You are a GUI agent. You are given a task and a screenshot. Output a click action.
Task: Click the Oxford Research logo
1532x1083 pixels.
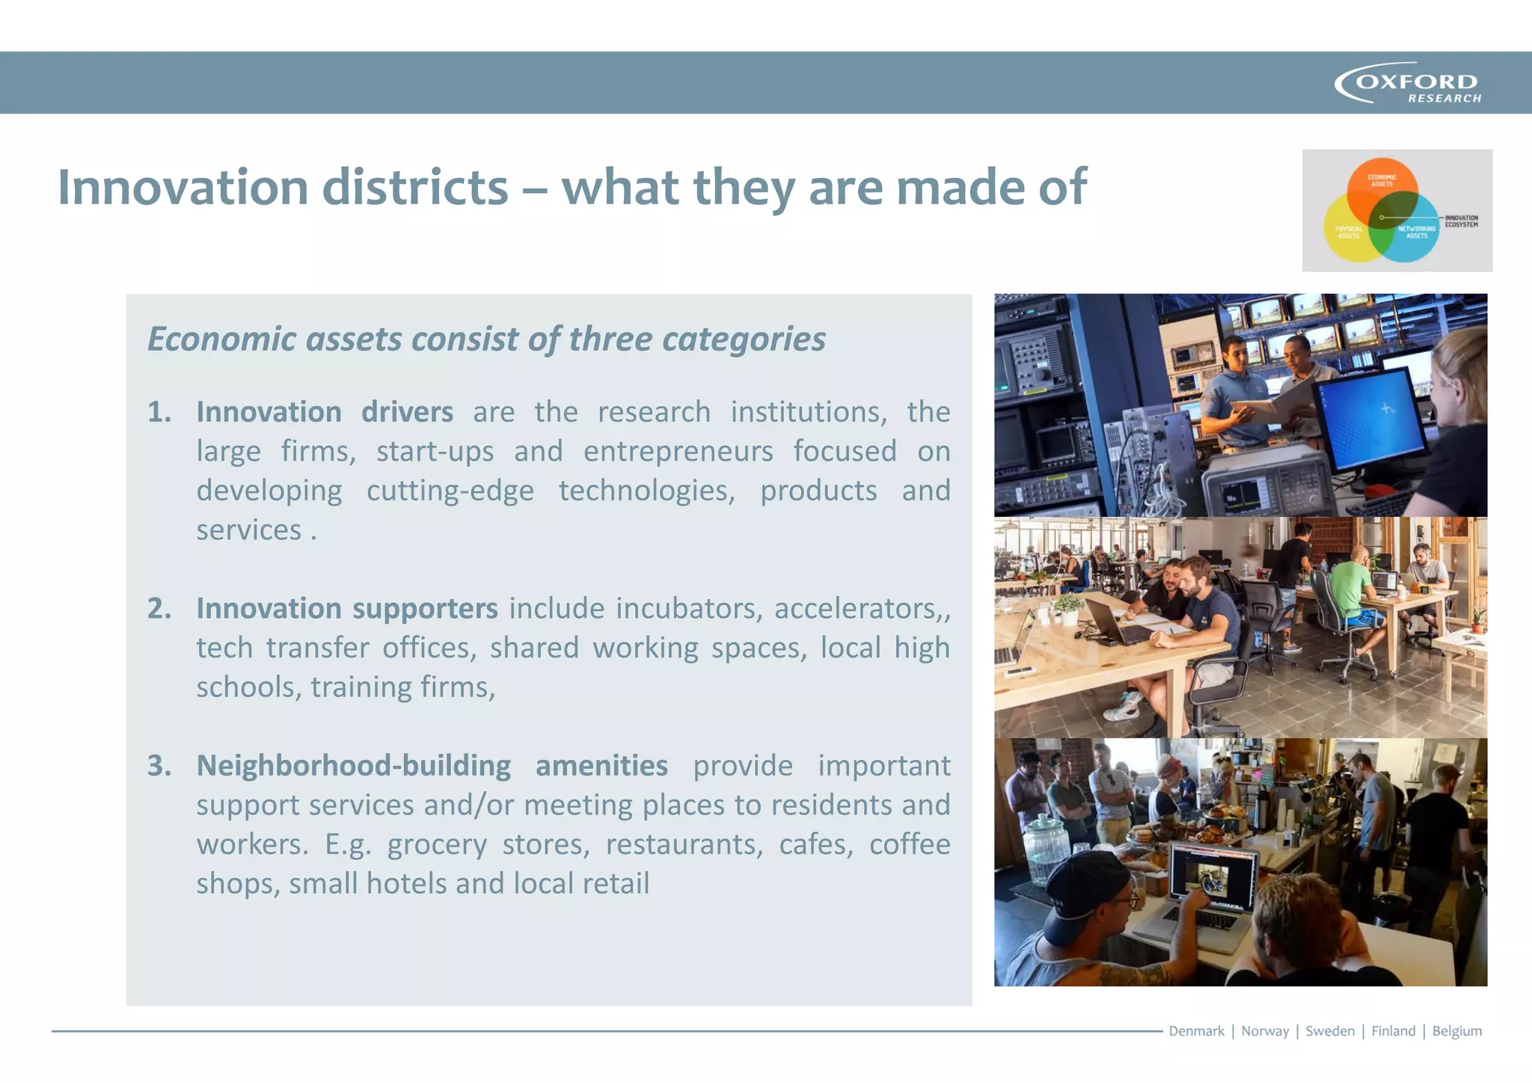[x=1408, y=83]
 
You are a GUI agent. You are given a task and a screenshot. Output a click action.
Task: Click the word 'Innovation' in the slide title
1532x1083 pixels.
[x=183, y=187]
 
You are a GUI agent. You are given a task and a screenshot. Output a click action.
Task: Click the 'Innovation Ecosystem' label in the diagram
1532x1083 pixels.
[x=1461, y=221]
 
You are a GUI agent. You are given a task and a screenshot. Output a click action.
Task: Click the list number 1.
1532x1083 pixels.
[x=159, y=412]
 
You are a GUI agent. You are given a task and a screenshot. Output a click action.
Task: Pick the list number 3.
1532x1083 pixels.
[x=159, y=766]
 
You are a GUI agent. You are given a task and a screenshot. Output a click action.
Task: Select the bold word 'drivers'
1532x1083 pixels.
[x=407, y=412]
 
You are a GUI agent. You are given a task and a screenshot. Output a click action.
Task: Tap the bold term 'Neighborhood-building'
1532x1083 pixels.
[x=354, y=766]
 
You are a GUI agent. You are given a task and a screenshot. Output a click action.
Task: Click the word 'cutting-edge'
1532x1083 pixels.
[x=450, y=491]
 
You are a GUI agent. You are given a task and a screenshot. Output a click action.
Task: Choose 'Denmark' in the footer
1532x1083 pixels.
[x=1196, y=1031]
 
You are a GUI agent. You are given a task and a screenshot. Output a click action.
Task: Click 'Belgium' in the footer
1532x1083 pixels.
[x=1456, y=1031]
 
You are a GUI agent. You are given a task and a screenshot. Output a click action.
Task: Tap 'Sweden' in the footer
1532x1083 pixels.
[x=1329, y=1031]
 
